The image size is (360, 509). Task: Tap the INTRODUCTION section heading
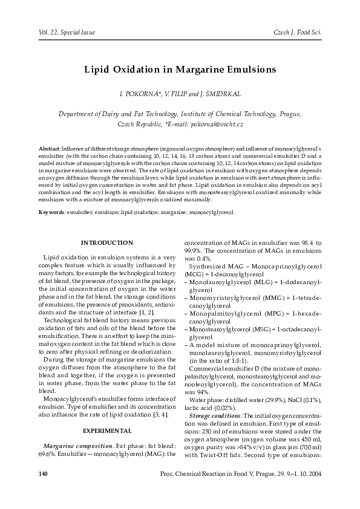106,242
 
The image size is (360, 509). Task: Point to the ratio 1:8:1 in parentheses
217,360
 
